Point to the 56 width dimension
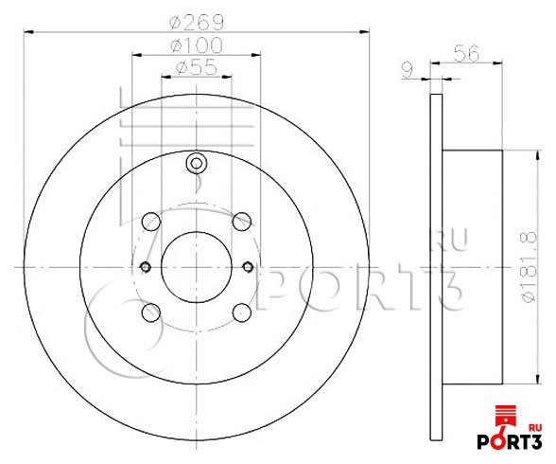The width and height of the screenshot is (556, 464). pos(464,55)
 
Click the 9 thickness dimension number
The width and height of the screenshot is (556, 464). pos(408,68)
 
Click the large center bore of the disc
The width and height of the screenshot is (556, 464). pos(197,266)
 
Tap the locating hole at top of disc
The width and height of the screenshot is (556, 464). pos(197,164)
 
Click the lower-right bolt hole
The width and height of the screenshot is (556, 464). pos(243,310)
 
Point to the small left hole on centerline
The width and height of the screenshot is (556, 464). pos(145,266)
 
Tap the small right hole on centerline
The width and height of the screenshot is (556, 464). pos(249,266)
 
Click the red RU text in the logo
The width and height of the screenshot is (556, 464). pos(534,424)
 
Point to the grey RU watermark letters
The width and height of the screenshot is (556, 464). pos(451,242)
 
